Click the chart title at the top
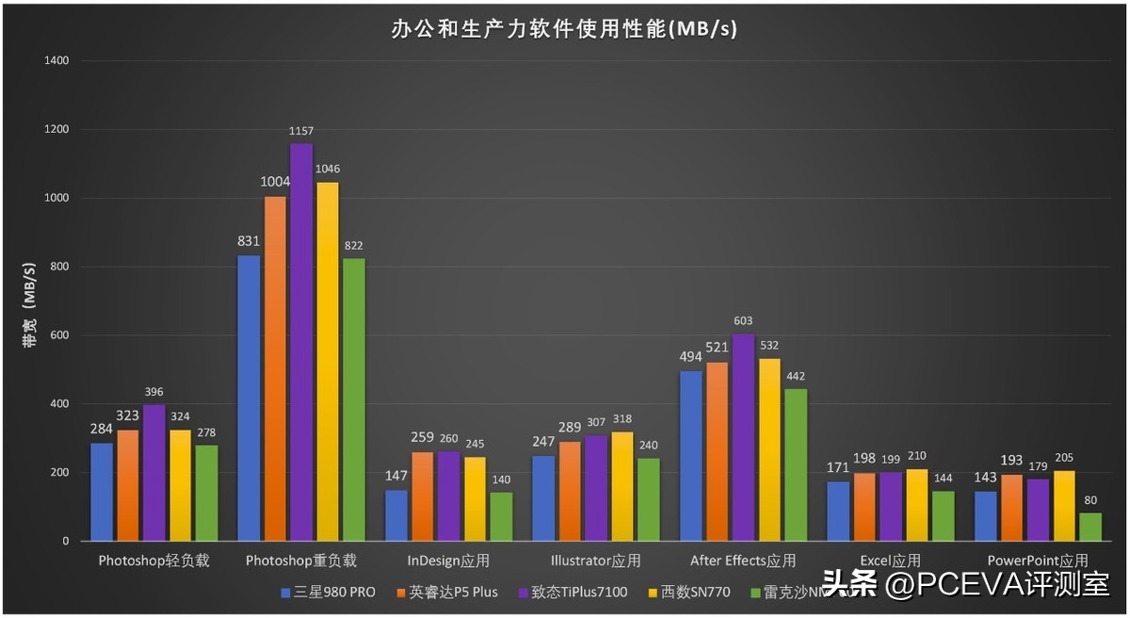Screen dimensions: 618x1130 click(564, 29)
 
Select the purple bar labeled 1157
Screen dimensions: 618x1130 click(301, 342)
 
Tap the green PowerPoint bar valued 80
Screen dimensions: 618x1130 click(1090, 527)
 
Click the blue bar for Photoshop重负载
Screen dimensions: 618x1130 click(249, 398)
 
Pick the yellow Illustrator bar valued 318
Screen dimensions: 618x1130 click(622, 486)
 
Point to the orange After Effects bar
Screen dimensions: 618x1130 click(717, 451)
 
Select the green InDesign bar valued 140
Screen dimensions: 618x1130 click(501, 516)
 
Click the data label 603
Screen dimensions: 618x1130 click(743, 321)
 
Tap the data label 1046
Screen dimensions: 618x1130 click(328, 170)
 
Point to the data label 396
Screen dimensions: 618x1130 click(154, 392)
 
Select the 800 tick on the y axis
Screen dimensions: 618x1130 click(59, 267)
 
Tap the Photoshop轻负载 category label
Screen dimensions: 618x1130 click(153, 561)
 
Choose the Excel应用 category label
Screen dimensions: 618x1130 click(890, 561)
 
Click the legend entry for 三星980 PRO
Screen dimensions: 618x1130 click(329, 593)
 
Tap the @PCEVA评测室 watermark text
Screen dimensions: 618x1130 click(998, 584)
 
